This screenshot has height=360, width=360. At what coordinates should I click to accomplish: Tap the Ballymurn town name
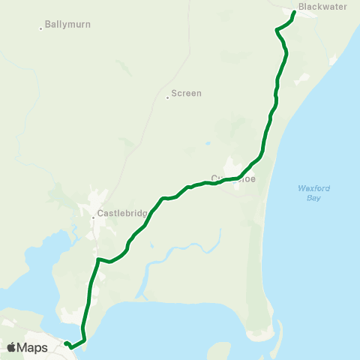(67, 25)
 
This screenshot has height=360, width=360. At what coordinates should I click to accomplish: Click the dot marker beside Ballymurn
(40, 28)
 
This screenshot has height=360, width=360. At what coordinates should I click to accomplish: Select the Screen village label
(187, 94)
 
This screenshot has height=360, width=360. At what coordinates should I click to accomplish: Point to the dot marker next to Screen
(167, 97)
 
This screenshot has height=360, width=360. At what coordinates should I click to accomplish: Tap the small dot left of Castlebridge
(93, 218)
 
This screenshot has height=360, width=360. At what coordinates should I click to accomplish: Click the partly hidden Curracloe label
(238, 178)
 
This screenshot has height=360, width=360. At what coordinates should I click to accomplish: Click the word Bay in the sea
(304, 198)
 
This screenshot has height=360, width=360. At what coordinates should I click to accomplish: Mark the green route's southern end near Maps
(65, 343)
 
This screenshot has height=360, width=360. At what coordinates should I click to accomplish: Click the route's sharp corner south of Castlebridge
(97, 259)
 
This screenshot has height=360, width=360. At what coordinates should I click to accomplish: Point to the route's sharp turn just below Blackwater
(277, 31)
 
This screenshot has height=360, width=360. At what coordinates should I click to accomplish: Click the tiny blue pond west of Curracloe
(207, 143)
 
